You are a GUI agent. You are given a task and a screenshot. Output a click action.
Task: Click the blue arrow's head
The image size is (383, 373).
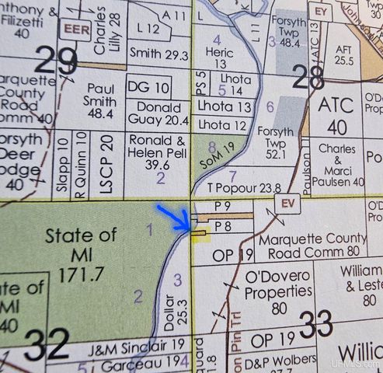coord(187,228)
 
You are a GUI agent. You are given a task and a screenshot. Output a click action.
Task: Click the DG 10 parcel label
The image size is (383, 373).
coord(147,86)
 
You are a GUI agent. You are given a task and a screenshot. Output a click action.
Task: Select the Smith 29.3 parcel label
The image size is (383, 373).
coord(159,54)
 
